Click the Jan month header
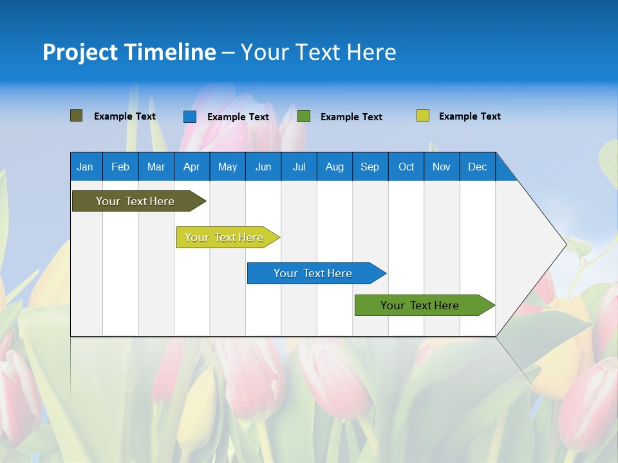(85, 167)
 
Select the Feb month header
(120, 167)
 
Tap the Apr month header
(191, 167)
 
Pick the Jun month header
(263, 167)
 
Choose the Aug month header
(334, 167)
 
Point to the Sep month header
(370, 167)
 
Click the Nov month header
(441, 167)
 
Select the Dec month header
(477, 167)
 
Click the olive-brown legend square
(76, 116)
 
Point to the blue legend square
(189, 116)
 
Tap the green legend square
(304, 116)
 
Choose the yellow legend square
(422, 116)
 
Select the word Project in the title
(80, 52)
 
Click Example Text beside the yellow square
(469, 116)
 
